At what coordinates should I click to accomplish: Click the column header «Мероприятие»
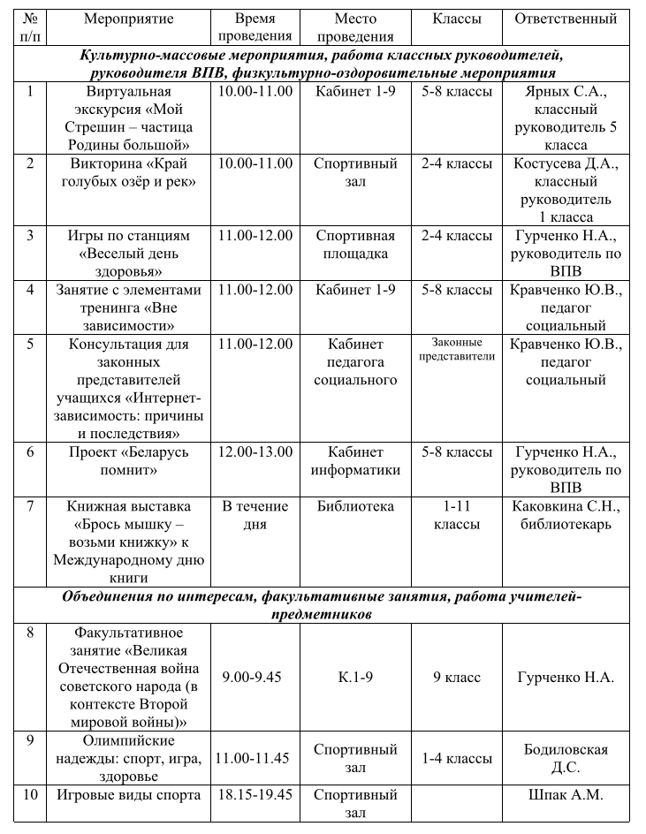[129, 19]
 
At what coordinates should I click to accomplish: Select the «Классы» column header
[457, 19]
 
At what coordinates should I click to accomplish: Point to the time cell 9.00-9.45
[255, 678]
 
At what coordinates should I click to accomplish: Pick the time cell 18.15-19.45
[255, 794]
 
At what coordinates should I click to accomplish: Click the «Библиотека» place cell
[355, 506]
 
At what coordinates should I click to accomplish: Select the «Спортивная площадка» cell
[355, 245]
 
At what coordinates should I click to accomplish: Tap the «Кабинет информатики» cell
[355, 461]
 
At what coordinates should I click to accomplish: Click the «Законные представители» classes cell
[457, 350]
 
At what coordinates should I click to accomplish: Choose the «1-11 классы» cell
[457, 515]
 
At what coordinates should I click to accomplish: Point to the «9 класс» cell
[457, 678]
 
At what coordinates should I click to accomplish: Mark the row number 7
[31, 506]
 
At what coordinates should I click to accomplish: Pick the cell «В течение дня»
[255, 515]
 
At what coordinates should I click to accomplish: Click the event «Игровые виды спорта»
[129, 794]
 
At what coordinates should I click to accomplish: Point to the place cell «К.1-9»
[355, 678]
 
